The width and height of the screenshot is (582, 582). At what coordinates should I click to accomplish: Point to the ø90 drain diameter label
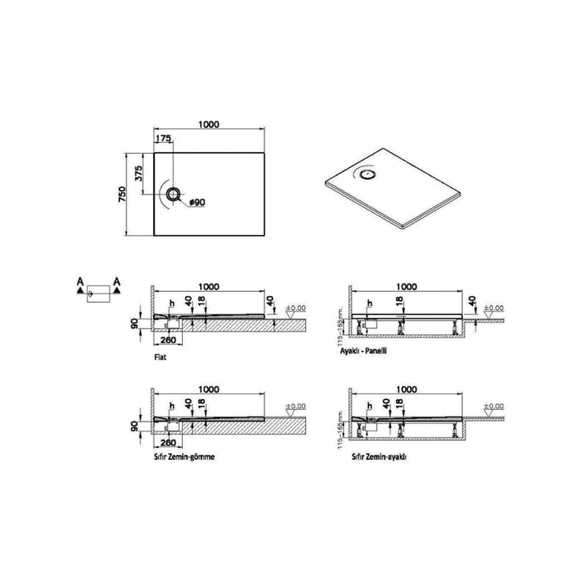tap(197, 202)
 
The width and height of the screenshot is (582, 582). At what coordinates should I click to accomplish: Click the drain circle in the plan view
tap(172, 195)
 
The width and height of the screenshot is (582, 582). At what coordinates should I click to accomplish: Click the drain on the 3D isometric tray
tap(367, 175)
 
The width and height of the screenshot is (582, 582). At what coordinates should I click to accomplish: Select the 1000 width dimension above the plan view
tap(209, 124)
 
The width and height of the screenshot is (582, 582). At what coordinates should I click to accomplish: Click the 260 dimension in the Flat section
tap(167, 339)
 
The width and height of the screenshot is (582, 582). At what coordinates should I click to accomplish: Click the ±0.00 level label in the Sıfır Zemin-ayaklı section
tap(494, 407)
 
